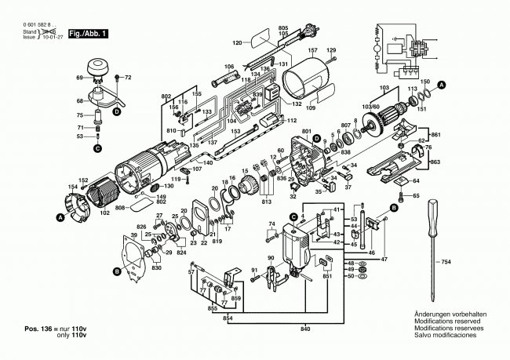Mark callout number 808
(x=121, y=209)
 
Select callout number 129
(x=331, y=50)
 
